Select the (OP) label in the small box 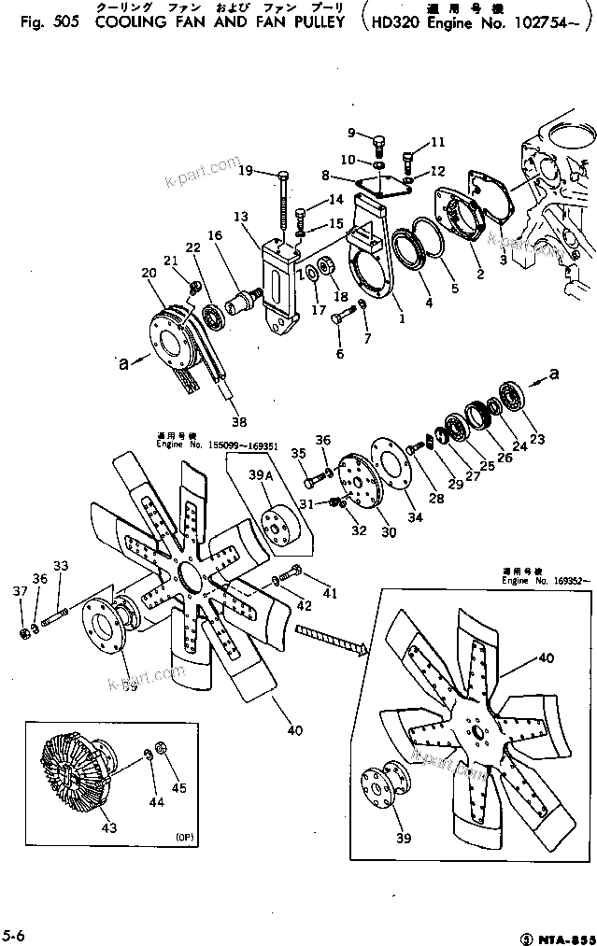[183, 836]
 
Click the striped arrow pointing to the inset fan [332, 641]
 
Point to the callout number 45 [178, 787]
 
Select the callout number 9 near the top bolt [352, 132]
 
